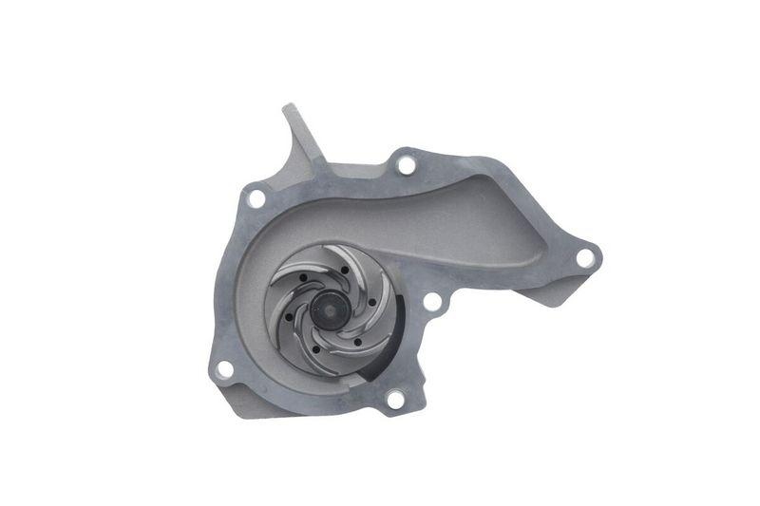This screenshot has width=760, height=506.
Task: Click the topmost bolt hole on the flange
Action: pyautogui.click(x=407, y=164)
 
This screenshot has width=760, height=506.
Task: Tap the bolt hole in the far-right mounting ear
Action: pyautogui.click(x=585, y=256)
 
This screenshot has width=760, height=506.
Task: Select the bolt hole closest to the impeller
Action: pyautogui.click(x=431, y=303)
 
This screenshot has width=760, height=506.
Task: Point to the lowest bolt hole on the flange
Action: pyautogui.click(x=394, y=400)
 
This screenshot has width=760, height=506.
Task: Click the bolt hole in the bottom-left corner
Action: pyautogui.click(x=225, y=368)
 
